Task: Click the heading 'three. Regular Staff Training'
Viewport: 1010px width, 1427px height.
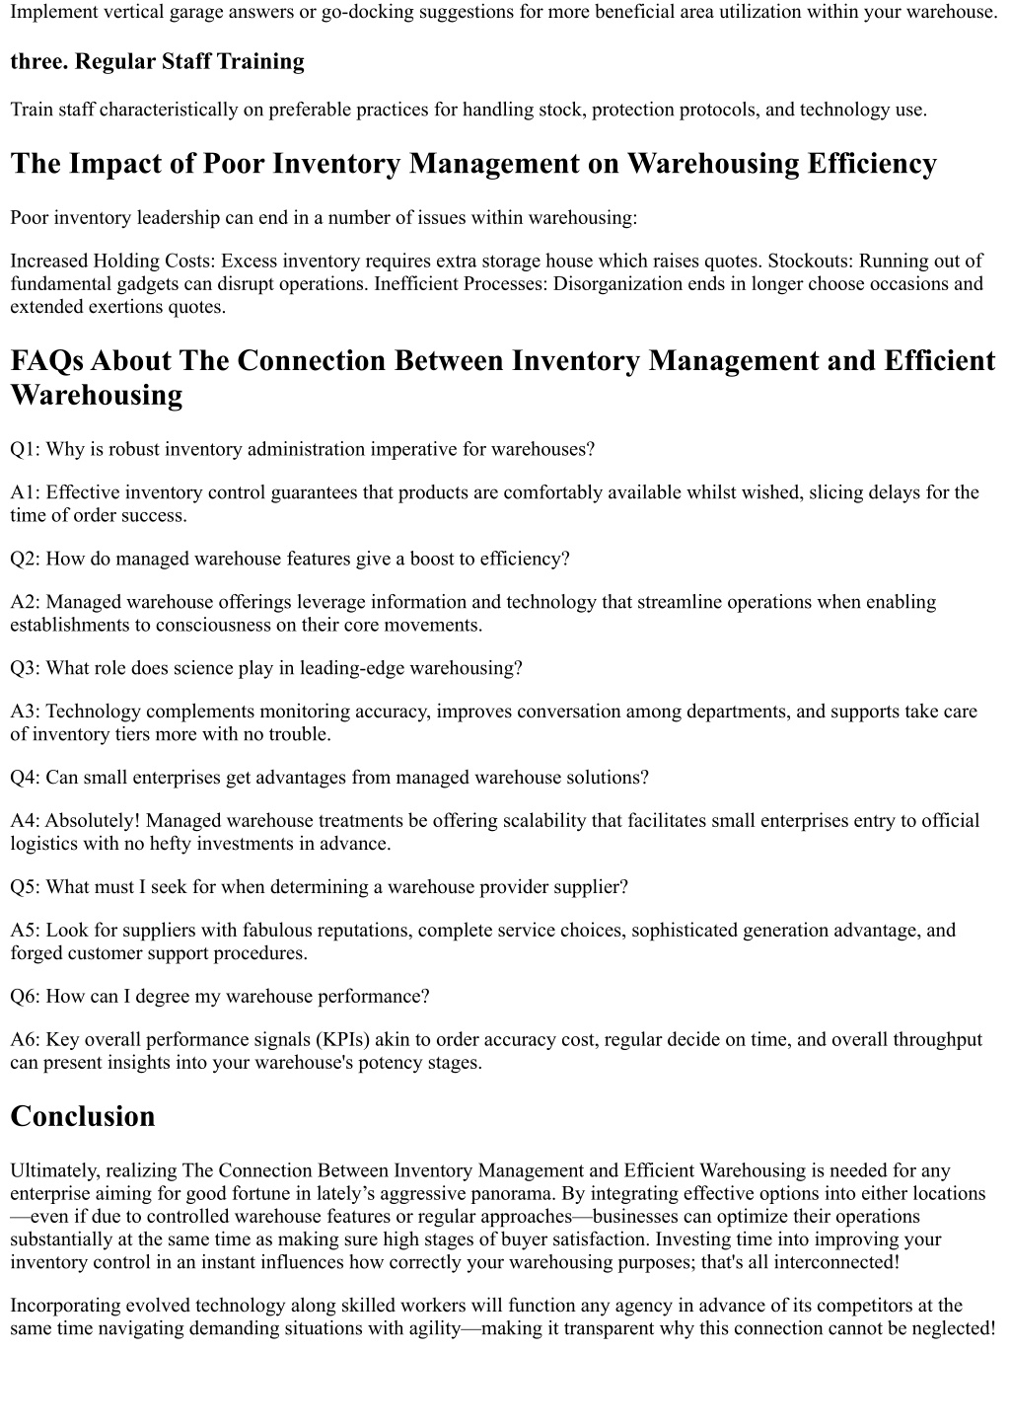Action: click(157, 62)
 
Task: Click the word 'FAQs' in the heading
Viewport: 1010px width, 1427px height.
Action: click(50, 361)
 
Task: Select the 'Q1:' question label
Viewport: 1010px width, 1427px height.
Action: click(26, 450)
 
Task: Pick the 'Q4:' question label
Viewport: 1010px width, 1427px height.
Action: click(26, 779)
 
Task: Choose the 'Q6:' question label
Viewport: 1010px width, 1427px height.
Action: click(26, 997)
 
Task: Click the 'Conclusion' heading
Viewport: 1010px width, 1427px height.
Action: click(83, 1117)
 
